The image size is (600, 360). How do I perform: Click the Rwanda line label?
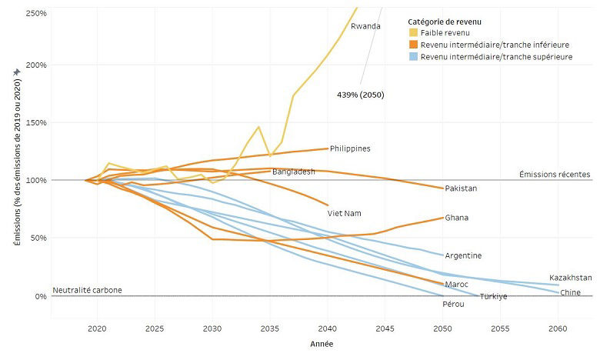[365, 26]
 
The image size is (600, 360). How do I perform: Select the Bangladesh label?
[293, 172]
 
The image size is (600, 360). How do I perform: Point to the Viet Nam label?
[344, 213]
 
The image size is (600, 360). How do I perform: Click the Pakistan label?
[461, 188]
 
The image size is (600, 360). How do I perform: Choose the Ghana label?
[457, 218]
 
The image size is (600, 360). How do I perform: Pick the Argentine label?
[463, 255]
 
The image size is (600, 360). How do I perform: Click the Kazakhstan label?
[570, 278]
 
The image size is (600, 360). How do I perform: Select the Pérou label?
[453, 304]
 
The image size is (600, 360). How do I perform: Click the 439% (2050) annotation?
[360, 95]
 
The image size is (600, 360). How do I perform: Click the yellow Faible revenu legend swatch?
[414, 32]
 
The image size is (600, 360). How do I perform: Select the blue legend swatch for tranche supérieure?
[414, 56]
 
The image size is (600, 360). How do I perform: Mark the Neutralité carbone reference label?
[87, 290]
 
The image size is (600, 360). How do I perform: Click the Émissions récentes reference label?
[555, 175]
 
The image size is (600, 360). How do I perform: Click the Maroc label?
[457, 285]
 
